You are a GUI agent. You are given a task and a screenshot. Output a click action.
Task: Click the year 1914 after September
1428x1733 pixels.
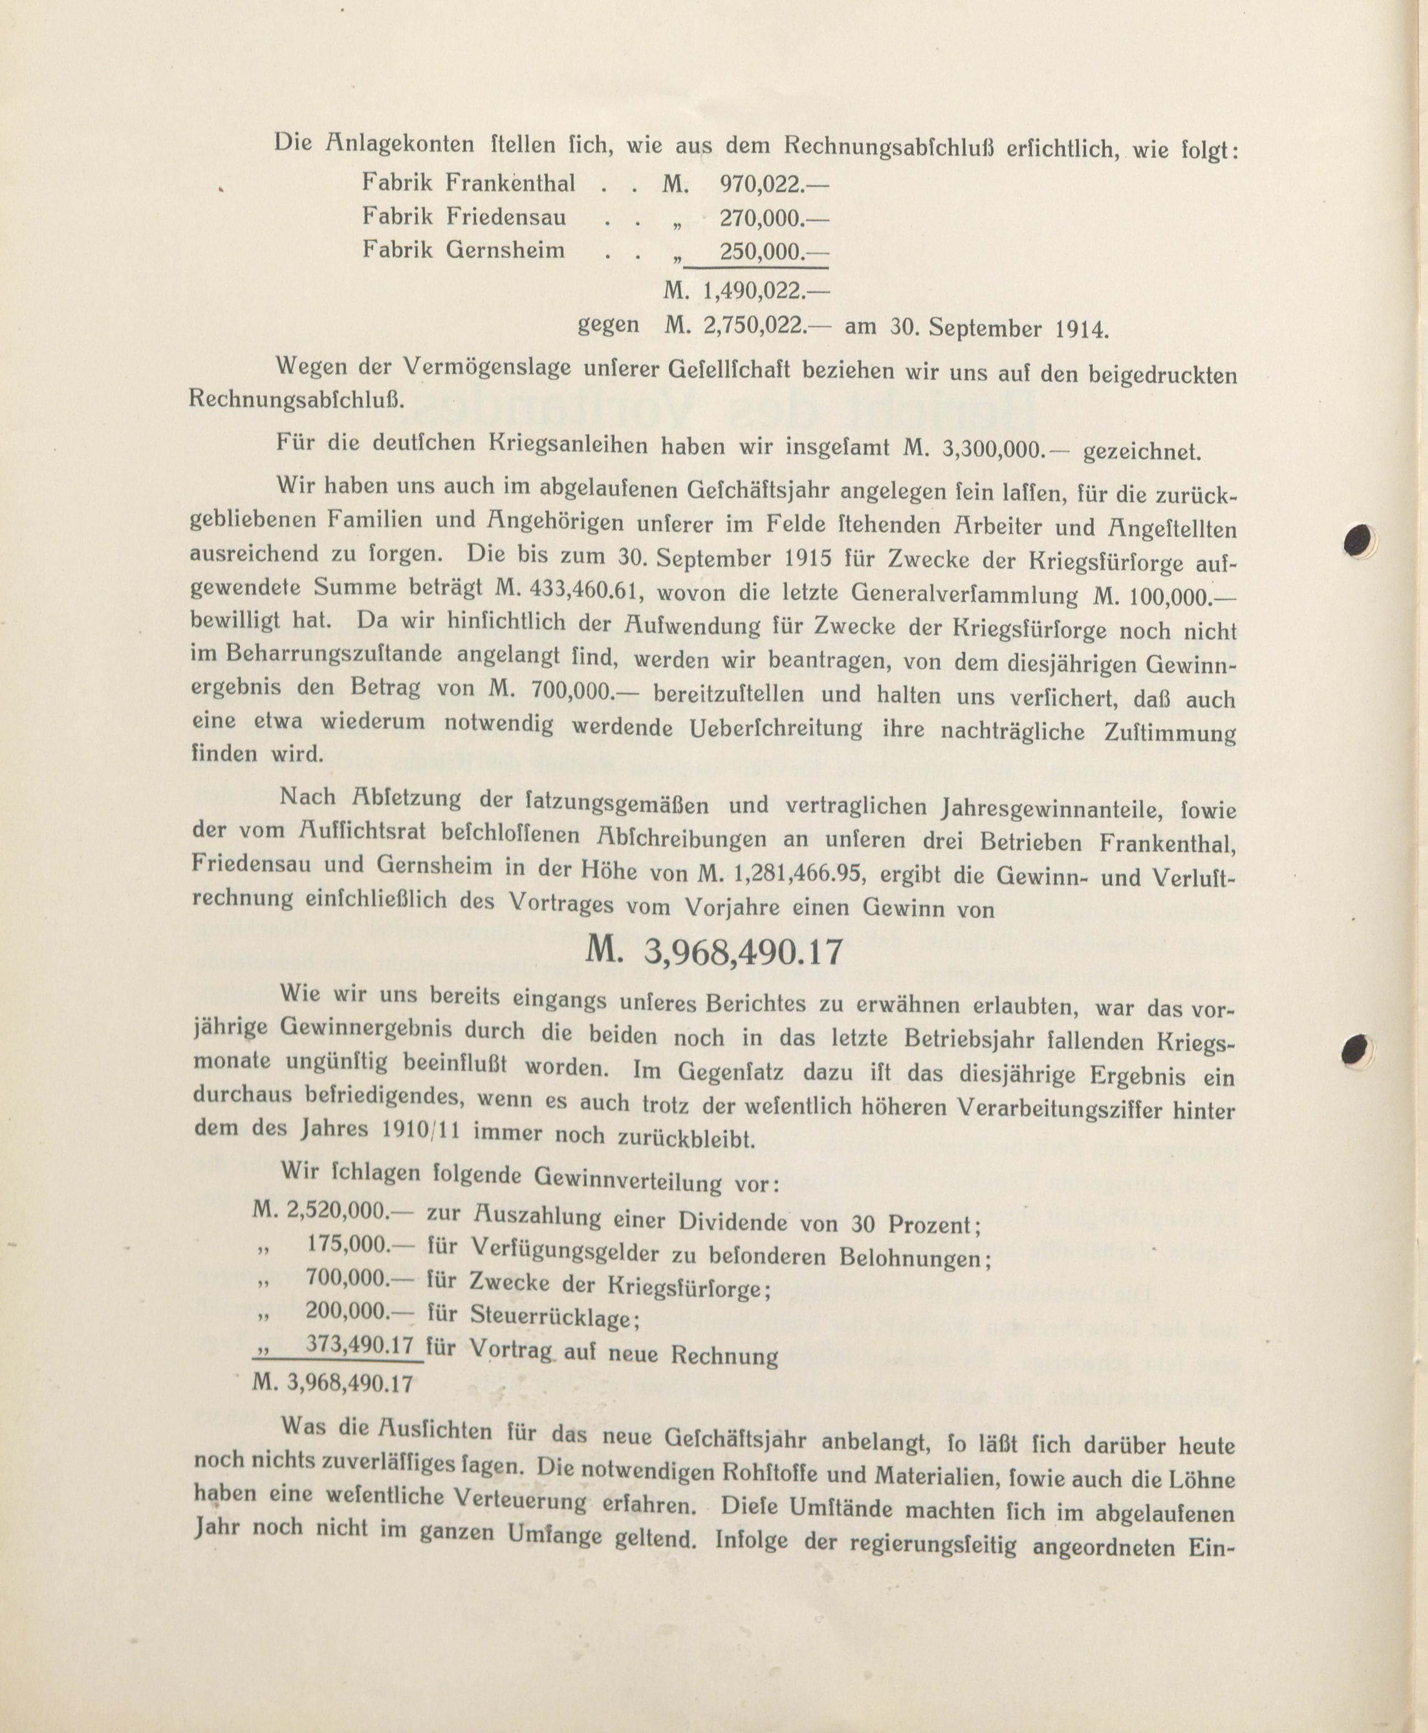pyautogui.click(x=1080, y=329)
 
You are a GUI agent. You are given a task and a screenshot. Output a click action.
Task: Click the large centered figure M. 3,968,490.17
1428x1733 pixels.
pyautogui.click(x=714, y=951)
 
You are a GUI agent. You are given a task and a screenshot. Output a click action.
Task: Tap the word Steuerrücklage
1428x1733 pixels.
pyautogui.click(x=553, y=1316)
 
